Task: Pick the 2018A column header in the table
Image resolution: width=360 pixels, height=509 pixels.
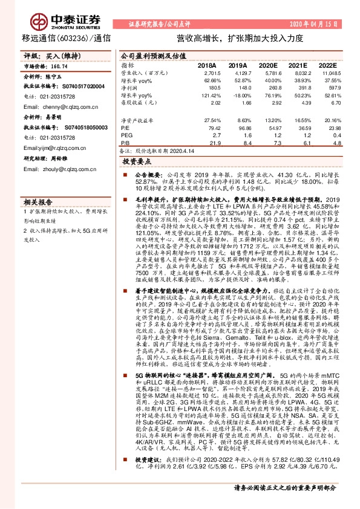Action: click(x=207, y=65)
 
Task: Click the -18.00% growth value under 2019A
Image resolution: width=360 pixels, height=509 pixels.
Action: click(x=239, y=96)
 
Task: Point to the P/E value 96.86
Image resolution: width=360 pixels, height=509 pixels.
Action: click(x=240, y=129)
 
